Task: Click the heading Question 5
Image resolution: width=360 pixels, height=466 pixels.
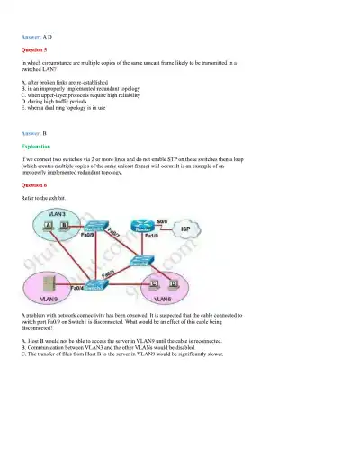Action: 34,51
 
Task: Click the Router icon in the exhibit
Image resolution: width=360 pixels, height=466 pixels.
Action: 141,227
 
